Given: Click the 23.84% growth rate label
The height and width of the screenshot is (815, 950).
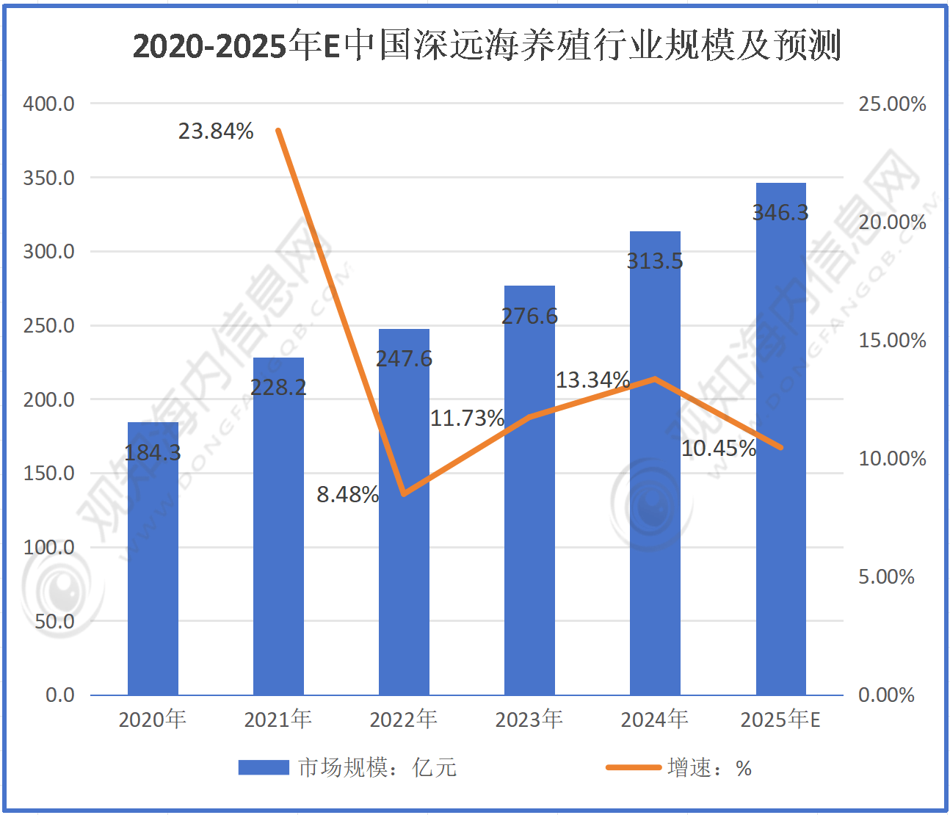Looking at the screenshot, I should [216, 131].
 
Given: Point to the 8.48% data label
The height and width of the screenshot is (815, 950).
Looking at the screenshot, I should [347, 495].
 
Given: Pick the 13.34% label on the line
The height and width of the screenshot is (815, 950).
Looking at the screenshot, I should [592, 380].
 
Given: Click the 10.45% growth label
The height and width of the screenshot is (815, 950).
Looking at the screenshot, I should [718, 449].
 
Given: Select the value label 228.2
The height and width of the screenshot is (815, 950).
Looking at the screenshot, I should [278, 387].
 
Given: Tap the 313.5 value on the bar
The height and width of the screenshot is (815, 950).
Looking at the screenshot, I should [655, 261].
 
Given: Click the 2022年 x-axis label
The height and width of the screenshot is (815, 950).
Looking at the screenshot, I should [403, 720].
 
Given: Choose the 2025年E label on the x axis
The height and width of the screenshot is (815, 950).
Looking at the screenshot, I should [780, 720].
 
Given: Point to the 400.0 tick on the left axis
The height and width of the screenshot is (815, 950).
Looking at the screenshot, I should [49, 104].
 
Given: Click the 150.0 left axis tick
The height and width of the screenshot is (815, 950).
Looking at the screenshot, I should [49, 474].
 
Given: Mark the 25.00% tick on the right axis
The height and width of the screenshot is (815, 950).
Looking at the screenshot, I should [892, 104].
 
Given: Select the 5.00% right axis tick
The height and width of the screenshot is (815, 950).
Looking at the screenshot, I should [886, 577].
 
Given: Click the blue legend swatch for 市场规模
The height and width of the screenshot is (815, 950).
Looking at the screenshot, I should [264, 768].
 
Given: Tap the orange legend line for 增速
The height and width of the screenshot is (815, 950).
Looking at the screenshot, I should [633, 768].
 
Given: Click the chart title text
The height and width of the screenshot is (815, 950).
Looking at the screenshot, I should [486, 46].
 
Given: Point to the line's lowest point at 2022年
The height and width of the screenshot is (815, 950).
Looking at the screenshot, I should [404, 494].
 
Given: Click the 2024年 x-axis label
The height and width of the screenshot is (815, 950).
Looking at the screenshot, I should [654, 720].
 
